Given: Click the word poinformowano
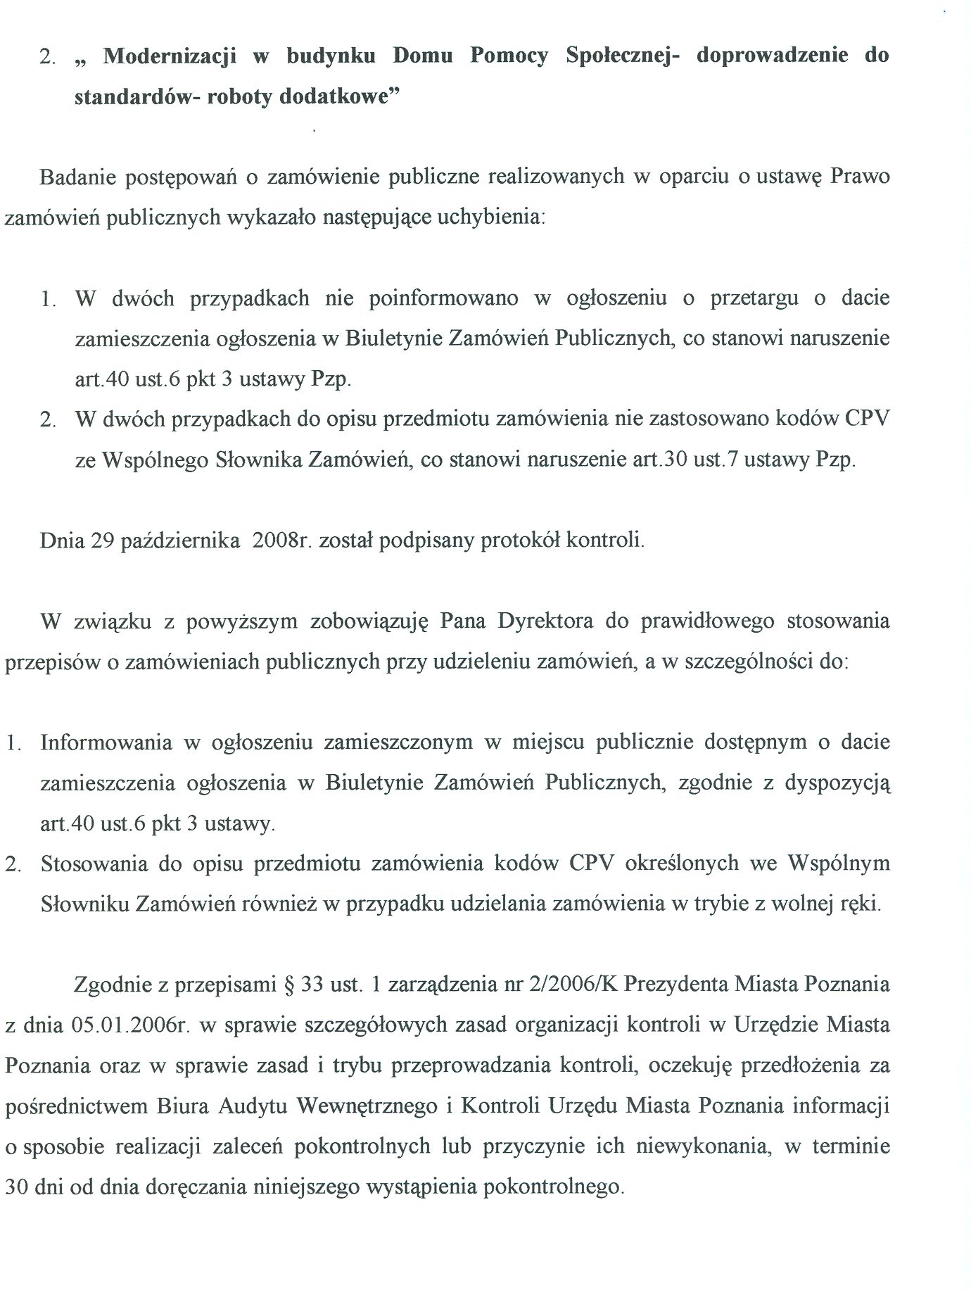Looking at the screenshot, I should click(x=443, y=298).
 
